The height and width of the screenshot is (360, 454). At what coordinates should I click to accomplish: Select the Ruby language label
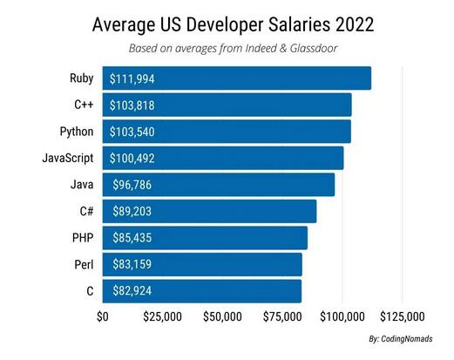point(82,78)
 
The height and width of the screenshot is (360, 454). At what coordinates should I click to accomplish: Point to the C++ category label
point(84,105)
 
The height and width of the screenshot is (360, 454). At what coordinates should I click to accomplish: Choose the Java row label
point(83,184)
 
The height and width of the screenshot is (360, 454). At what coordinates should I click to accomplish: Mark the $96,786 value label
point(136,185)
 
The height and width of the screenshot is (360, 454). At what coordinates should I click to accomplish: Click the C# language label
point(86,210)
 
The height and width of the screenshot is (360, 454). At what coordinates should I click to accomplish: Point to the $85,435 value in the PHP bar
point(136,237)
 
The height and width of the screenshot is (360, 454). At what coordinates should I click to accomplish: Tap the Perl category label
point(84,262)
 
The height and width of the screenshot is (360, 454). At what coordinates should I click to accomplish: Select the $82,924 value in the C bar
point(136,289)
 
